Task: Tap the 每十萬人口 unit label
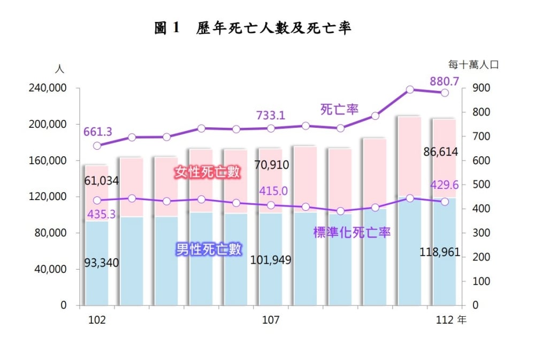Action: point(473,65)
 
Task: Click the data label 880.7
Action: point(444,81)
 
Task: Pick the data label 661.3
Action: point(98,132)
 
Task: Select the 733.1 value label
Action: point(270,114)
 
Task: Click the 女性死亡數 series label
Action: point(208,172)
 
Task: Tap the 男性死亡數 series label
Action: point(209,249)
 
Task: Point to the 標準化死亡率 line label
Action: point(352,233)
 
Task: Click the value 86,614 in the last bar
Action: point(440,151)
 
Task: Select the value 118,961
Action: point(440,252)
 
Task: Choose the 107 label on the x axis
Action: point(271,320)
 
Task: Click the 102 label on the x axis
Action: point(96,320)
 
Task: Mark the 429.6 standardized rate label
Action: point(445,185)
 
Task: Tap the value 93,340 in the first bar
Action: point(102,263)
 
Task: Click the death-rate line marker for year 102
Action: point(97,145)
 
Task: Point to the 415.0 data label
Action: point(273,191)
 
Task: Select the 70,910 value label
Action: point(271,165)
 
